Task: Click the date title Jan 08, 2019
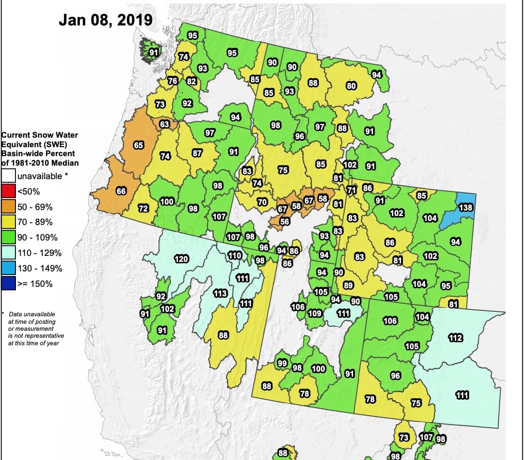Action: (x=105, y=19)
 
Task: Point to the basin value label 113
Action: (x=220, y=293)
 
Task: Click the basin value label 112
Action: (x=456, y=338)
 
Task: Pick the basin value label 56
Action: (x=285, y=222)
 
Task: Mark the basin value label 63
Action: (x=165, y=124)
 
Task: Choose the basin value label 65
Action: (x=139, y=145)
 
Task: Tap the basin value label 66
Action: (x=121, y=191)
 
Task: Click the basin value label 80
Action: (x=351, y=85)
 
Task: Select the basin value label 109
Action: (x=315, y=313)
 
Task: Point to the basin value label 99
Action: (x=282, y=363)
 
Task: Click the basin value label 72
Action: (x=143, y=208)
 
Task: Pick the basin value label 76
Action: (x=173, y=81)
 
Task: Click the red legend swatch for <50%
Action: (x=8, y=192)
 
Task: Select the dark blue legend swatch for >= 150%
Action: (x=8, y=284)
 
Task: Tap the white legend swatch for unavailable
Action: (x=8, y=176)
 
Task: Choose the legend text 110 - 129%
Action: (x=39, y=253)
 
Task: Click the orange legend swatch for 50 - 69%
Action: (x=8, y=207)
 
